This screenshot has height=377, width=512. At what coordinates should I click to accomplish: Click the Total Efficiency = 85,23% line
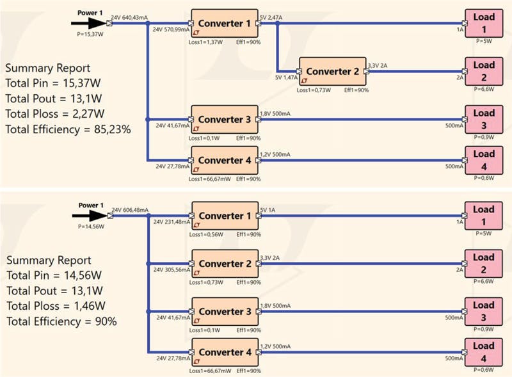68,129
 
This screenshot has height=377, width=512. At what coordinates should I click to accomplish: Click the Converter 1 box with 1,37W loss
224,24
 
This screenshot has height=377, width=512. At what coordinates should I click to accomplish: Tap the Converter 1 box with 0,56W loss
224,216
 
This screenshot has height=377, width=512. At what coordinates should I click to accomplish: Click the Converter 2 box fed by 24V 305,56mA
224,264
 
